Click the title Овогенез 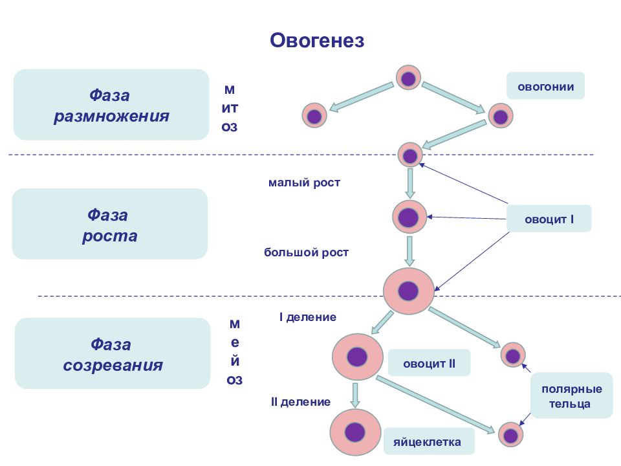coord(317,41)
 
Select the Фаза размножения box coord(111,105)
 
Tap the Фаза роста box coord(109,224)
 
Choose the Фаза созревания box coord(113,353)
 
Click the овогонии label coord(545,85)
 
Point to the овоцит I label coord(549,219)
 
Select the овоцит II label coord(430,363)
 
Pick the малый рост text coord(304,183)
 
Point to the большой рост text coord(306,252)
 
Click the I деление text coord(307,317)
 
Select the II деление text coord(300,402)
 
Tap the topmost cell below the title coord(408,79)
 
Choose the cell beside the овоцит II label coord(357,357)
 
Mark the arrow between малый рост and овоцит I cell coord(409,183)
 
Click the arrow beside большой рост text coord(409,251)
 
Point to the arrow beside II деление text coord(355,395)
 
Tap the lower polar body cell coord(511,434)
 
